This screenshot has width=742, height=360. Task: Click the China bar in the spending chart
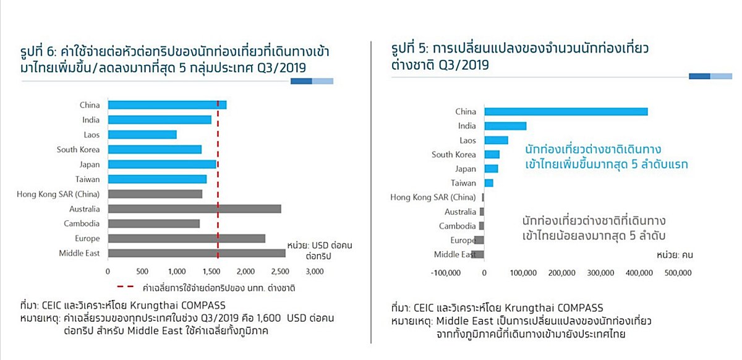point(167,105)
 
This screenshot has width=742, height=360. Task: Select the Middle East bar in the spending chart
point(197,253)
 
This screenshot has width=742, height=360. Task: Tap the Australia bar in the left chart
point(194,208)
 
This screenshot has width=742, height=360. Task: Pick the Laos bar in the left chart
point(142,134)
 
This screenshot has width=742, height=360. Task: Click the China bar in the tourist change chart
point(566,111)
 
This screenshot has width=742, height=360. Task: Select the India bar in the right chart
point(505,126)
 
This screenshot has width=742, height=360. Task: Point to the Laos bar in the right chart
point(496,140)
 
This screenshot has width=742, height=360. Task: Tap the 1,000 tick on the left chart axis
point(177,272)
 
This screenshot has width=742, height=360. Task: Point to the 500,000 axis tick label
point(677,272)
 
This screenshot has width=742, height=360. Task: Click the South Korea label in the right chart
point(454,154)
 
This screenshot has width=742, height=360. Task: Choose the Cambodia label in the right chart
point(458,226)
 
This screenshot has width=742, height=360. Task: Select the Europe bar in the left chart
point(186,238)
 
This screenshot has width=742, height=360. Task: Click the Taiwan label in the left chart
point(87,179)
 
